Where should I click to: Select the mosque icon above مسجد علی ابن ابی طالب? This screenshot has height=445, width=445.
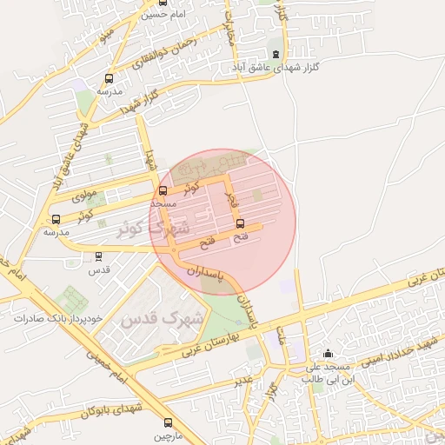(x=328, y=354)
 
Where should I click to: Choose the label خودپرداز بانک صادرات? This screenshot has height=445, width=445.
(x=58, y=318)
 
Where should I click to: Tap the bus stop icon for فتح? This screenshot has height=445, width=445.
(x=241, y=223)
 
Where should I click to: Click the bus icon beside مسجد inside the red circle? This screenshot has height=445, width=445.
(x=163, y=191)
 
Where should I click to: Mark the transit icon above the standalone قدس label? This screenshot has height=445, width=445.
(x=98, y=256)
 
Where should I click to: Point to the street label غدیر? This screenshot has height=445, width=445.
(x=244, y=380)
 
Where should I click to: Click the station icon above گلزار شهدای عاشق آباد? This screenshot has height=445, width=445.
(x=276, y=55)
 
